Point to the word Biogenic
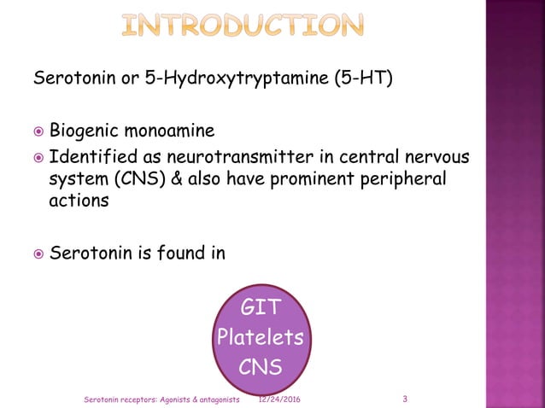[84, 132]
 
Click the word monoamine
[169, 132]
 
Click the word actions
[79, 201]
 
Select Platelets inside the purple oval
[260, 337]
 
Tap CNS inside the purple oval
[260, 368]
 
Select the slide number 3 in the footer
[404, 399]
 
